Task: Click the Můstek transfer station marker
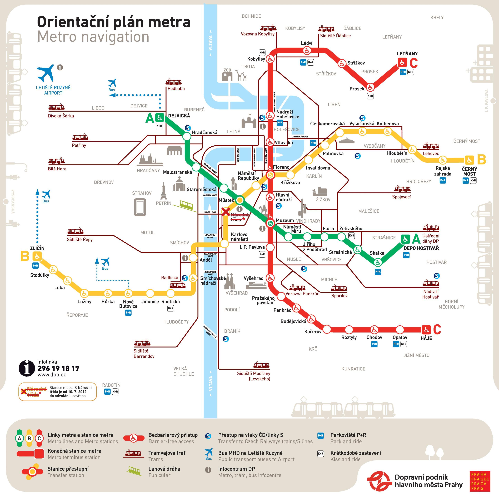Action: click(240, 200)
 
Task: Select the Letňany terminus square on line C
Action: click(402, 62)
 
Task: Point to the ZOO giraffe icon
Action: click(242, 75)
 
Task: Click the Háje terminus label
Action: click(426, 338)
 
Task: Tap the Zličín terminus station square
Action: click(37, 256)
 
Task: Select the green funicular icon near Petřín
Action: click(186, 205)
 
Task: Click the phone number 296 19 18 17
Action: click(58, 368)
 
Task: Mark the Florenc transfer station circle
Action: click(270, 175)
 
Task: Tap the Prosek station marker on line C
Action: click(370, 87)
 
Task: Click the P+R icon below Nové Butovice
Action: click(128, 313)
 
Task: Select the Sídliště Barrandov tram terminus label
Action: click(144, 353)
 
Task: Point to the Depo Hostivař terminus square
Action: click(406, 239)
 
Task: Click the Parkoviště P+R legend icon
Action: click(321, 435)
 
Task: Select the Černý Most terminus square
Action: click(469, 160)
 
